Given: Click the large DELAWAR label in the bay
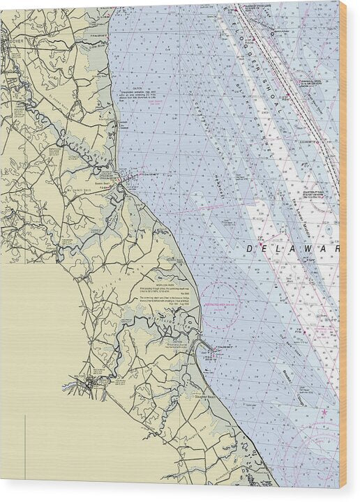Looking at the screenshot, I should (293, 248).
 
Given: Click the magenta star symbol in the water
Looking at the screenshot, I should (324, 413).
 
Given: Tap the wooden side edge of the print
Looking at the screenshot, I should (343, 244).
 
